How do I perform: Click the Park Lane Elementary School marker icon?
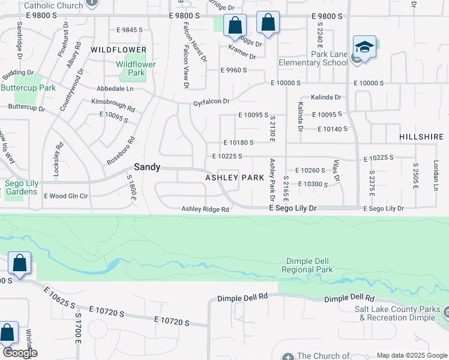[364, 47]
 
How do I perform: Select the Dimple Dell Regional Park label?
[309, 266]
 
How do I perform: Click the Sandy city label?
[146, 167]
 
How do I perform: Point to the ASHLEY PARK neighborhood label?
[235, 178]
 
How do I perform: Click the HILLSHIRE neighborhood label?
[421, 137]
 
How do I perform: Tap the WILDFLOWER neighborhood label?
[119, 49]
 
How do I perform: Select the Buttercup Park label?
[28, 88]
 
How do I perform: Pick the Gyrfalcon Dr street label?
[211, 102]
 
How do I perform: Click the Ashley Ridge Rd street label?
[206, 209]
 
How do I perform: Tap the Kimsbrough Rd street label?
[113, 105]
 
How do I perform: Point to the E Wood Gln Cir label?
[66, 196]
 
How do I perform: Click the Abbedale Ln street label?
[115, 88]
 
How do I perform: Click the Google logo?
[19, 353]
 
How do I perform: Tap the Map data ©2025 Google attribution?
[411, 355]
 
